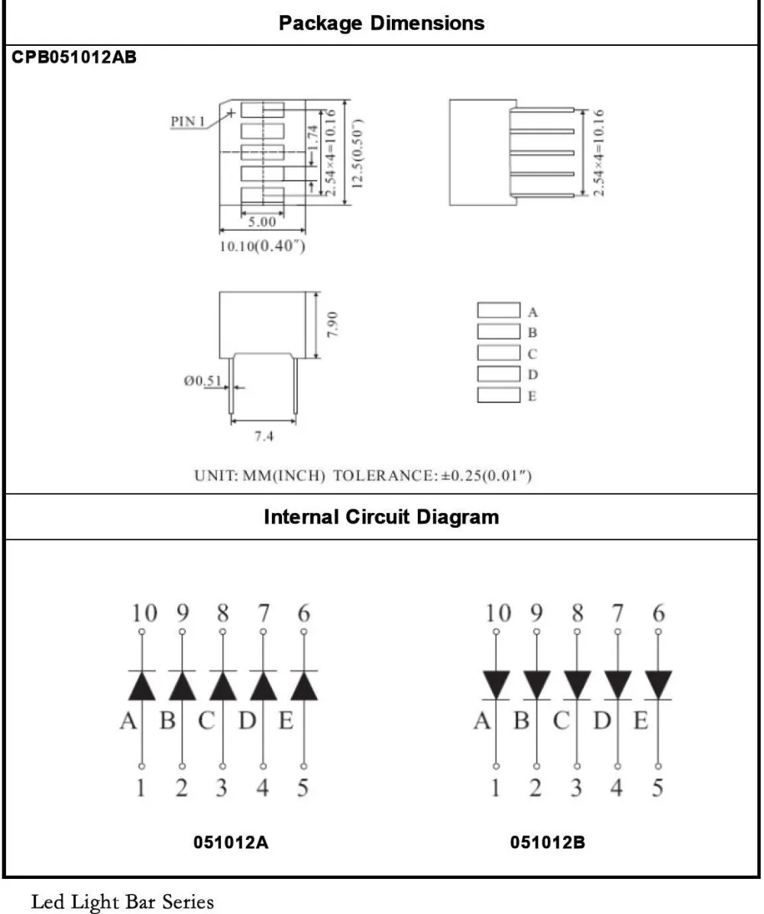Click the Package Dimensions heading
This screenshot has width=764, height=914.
(x=381, y=24)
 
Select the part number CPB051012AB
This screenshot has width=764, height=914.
(x=74, y=57)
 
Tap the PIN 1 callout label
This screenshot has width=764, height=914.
(x=188, y=121)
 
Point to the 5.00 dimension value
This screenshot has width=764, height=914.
(x=262, y=221)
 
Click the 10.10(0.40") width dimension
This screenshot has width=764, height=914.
(x=263, y=245)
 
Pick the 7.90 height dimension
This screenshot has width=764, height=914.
(x=332, y=324)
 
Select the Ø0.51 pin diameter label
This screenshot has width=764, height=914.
(x=203, y=380)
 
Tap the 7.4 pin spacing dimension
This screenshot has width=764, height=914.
(x=264, y=436)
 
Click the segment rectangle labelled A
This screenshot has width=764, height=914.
(x=499, y=310)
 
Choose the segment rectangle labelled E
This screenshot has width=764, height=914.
(x=499, y=395)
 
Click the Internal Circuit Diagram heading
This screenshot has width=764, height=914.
(x=381, y=517)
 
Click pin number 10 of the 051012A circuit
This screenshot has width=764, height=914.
(x=144, y=613)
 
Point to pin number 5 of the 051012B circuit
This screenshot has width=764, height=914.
(x=657, y=787)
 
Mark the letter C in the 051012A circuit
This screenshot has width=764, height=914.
(x=206, y=721)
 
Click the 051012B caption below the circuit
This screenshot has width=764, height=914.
(x=548, y=842)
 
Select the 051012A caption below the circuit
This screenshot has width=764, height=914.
(x=231, y=842)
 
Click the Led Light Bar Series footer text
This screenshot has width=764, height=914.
(x=122, y=901)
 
